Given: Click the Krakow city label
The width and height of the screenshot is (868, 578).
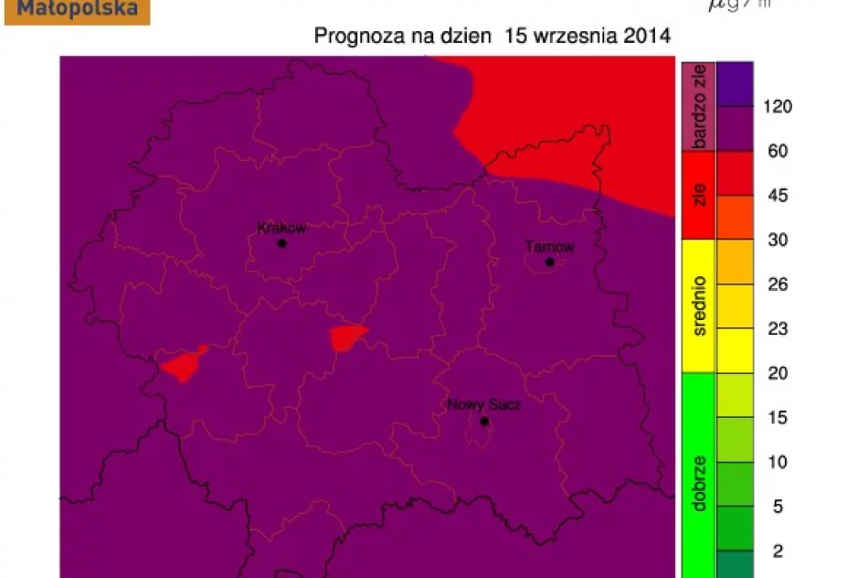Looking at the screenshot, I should coord(281,229).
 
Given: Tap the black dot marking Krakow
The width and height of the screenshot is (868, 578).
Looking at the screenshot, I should coord(282,243).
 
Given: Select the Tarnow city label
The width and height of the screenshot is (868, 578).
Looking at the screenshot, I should coord(550,247).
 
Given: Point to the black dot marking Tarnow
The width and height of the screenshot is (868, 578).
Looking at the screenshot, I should coord(550,262).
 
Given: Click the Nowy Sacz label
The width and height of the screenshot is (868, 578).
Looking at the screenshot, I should coord(483,404).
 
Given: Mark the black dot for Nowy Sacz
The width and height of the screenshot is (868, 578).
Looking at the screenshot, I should coord(484,421).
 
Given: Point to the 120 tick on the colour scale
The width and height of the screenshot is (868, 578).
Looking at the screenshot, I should coord(778,106).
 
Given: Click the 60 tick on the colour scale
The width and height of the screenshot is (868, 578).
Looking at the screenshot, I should coord(778,151).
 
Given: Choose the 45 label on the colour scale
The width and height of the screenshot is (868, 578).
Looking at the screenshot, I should coord(778,196).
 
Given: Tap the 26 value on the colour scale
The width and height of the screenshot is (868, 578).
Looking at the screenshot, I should coord(778,284).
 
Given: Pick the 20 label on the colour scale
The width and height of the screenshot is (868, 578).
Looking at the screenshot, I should coord(778,373).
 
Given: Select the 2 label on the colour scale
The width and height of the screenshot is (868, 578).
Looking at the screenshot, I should coord(778,551).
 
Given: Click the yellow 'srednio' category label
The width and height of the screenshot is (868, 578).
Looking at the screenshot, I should coord(699,306).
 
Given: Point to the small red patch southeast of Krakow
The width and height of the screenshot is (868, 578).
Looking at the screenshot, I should coord(347,337).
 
